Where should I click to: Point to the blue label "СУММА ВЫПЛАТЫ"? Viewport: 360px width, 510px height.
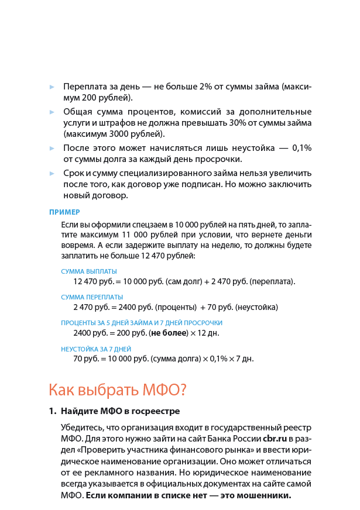(x=89, y=271)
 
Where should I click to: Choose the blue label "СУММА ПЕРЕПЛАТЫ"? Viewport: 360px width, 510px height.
(x=92, y=297)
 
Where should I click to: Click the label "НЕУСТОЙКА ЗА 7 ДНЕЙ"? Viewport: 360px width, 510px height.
(x=97, y=349)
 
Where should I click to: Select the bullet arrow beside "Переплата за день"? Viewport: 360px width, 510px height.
(x=52, y=87)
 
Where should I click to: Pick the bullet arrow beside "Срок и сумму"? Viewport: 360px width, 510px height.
(x=52, y=174)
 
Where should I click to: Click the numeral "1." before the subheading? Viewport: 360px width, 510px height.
(x=52, y=411)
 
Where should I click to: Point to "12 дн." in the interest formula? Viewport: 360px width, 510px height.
(x=209, y=333)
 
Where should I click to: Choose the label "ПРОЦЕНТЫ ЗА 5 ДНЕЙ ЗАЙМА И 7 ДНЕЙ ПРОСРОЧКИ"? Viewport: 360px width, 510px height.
(x=142, y=323)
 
